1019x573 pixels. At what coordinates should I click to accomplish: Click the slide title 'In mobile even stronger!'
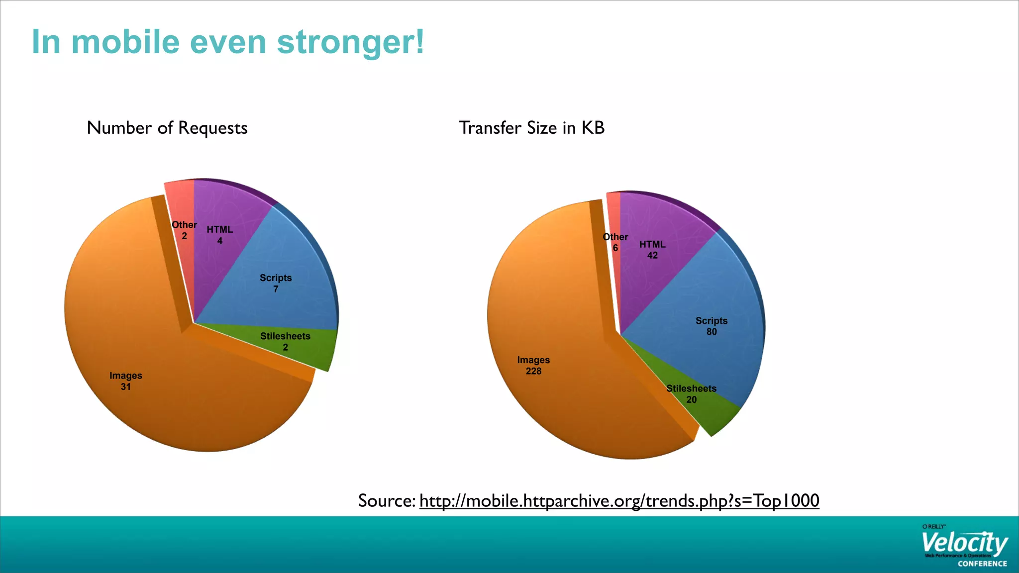228,42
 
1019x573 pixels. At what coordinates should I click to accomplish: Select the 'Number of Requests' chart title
167,128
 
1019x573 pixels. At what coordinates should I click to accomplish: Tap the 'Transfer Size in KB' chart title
531,128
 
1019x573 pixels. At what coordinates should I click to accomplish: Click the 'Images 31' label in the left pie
126,381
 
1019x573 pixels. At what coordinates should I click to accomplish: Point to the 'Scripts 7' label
276,283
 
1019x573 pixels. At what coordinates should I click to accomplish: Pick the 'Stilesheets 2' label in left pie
285,342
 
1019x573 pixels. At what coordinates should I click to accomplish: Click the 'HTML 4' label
219,235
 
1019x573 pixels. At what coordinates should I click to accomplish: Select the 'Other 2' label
184,230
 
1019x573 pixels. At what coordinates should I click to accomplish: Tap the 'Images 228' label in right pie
533,365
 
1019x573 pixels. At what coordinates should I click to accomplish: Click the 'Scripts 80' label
712,326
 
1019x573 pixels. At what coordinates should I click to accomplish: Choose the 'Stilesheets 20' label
691,394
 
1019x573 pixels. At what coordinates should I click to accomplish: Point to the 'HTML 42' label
652,250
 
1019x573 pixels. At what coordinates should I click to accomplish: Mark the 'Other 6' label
615,242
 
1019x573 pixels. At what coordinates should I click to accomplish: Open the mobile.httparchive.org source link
619,501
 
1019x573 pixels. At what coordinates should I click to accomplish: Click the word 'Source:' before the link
387,501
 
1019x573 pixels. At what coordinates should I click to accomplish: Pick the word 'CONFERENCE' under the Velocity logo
982,564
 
